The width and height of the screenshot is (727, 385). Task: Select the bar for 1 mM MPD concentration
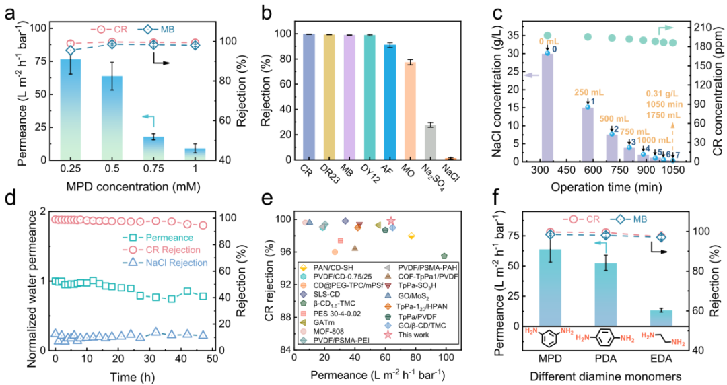coord(195,154)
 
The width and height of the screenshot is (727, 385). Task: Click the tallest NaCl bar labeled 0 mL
coord(547,108)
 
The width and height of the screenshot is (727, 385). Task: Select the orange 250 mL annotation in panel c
coord(588,92)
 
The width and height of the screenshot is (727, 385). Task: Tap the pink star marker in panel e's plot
coord(391,221)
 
